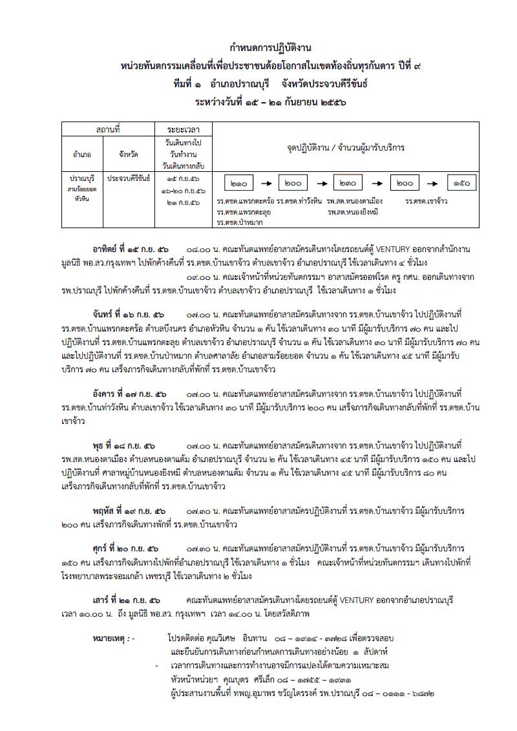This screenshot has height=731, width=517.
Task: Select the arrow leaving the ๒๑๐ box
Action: pyautogui.click(x=269, y=184)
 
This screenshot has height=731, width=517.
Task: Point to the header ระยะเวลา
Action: pyautogui.click(x=183, y=131)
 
